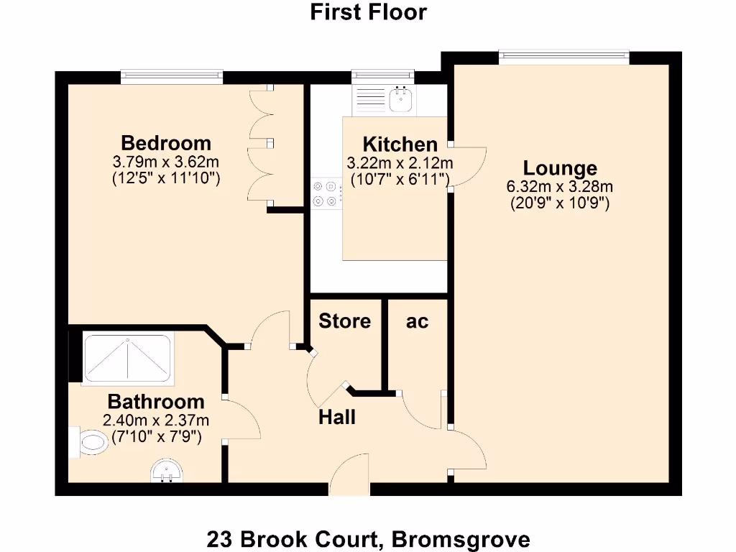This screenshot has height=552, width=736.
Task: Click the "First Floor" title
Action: (368, 12)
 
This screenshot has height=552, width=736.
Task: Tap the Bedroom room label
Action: (166, 142)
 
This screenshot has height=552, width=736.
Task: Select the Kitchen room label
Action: (400, 144)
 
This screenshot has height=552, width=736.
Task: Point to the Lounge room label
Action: (560, 168)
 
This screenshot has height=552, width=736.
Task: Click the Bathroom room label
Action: (156, 402)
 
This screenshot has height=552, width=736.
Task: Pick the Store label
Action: (345, 321)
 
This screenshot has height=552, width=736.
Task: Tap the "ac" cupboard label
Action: (417, 321)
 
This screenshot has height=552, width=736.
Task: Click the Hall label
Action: (337, 417)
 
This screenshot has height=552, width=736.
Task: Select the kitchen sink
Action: (400, 100)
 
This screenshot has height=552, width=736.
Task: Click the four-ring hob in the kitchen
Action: (326, 194)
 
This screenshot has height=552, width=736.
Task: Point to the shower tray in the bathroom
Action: (128, 358)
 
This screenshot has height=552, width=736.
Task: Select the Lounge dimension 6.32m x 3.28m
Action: (560, 187)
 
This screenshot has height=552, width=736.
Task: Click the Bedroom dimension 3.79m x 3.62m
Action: (166, 161)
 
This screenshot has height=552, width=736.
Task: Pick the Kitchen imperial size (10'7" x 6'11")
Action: (400, 178)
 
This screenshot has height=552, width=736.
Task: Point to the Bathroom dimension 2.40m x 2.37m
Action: (156, 420)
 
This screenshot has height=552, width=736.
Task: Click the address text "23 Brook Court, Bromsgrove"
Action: (368, 538)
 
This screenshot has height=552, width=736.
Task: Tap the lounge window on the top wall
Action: (564, 56)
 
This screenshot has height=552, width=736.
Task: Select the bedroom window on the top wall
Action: (172, 75)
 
